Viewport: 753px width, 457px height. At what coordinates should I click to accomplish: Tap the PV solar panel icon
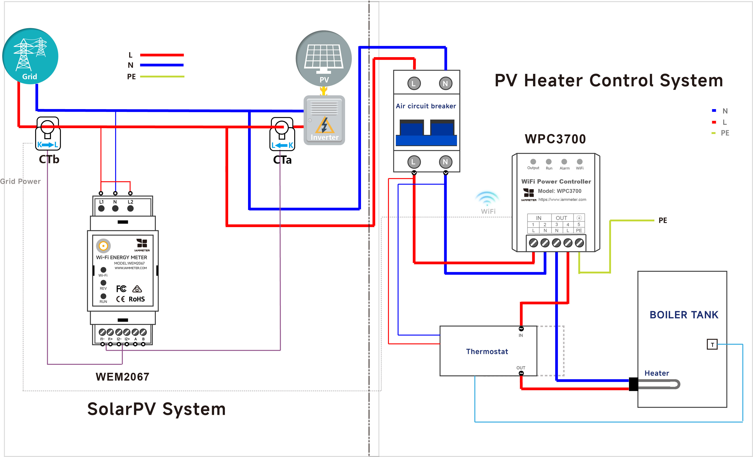(324, 58)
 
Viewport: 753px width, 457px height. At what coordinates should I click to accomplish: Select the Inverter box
(324, 120)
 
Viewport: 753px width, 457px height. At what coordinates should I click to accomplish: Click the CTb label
(49, 159)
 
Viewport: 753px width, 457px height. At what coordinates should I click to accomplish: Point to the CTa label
(282, 160)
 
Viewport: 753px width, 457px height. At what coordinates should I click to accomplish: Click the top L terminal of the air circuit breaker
(414, 83)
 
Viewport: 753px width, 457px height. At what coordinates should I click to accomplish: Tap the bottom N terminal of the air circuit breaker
(445, 162)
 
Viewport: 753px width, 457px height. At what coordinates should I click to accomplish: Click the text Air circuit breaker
(426, 106)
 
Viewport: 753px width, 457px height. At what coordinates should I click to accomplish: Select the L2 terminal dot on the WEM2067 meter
(131, 208)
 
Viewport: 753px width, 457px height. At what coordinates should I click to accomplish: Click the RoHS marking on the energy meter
(137, 299)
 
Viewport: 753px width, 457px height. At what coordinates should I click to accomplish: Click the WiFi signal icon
(487, 198)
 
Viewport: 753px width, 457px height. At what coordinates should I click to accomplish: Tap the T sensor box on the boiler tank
(712, 344)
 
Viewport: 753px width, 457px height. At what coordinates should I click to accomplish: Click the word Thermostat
(487, 351)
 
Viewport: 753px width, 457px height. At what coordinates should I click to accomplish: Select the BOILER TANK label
(684, 315)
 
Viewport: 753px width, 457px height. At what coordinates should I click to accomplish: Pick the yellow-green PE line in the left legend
(162, 76)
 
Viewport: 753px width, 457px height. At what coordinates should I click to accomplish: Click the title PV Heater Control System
(609, 81)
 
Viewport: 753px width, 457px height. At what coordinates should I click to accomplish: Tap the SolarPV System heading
(156, 409)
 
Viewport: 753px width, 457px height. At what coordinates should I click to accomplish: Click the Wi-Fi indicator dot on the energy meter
(103, 270)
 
